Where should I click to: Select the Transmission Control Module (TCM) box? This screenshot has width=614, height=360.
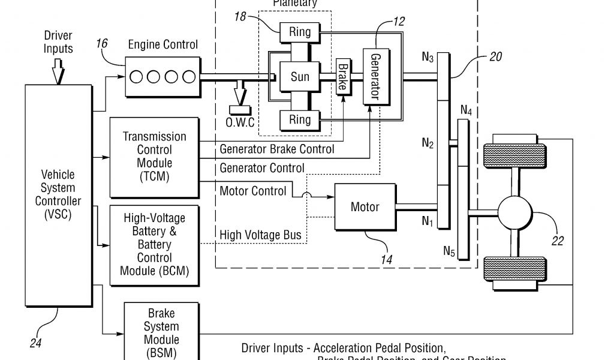pyautogui.click(x=154, y=157)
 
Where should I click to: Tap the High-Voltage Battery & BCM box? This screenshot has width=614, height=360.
pyautogui.click(x=154, y=244)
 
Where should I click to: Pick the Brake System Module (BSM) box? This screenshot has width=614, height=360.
pyautogui.click(x=161, y=332)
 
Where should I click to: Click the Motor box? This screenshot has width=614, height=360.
pyautogui.click(x=365, y=207)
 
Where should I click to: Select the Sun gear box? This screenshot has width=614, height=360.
pyautogui.click(x=300, y=77)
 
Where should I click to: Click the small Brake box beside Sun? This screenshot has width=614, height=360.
pyautogui.click(x=342, y=77)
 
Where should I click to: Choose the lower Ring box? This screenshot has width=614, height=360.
pyautogui.click(x=300, y=120)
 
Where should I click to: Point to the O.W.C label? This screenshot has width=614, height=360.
pyautogui.click(x=240, y=122)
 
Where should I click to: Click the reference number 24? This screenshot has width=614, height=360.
pyautogui.click(x=35, y=344)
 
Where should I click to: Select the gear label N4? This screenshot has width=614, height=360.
pyautogui.click(x=466, y=110)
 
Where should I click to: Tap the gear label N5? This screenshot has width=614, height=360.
pyautogui.click(x=449, y=251)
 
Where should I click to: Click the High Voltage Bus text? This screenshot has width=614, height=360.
pyautogui.click(x=260, y=235)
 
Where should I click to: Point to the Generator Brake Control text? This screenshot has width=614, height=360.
pyautogui.click(x=276, y=149)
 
